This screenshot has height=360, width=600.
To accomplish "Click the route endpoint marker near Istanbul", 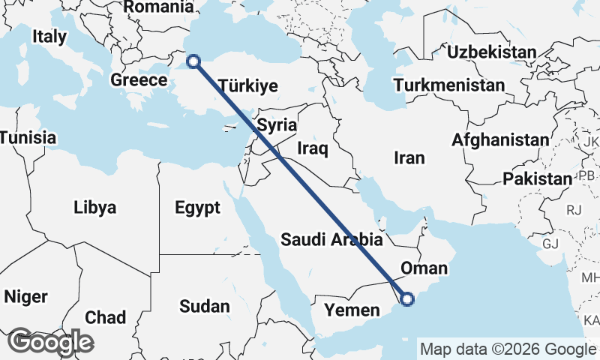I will (x=193, y=61).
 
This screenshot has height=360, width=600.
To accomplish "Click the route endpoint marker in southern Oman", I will (x=406, y=299).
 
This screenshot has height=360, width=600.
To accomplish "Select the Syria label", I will (x=277, y=125).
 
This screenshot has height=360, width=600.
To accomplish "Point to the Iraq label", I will (x=313, y=148).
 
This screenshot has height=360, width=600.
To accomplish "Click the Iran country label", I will (x=409, y=158).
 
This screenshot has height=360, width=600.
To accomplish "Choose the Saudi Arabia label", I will (x=332, y=240).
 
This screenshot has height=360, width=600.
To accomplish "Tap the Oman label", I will (x=424, y=268).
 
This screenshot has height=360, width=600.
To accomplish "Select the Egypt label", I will (x=197, y=207).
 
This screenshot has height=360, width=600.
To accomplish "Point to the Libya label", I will (x=95, y=207).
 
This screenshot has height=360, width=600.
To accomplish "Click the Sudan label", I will (x=204, y=306).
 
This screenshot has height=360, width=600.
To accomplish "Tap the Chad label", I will (x=105, y=317).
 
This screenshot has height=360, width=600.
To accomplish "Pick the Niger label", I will (x=25, y=296).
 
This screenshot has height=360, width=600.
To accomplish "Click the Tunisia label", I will (x=28, y=138).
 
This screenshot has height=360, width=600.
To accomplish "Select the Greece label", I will (x=139, y=80).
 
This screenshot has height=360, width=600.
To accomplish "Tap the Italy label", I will (x=49, y=36).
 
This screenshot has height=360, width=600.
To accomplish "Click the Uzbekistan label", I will (x=491, y=52).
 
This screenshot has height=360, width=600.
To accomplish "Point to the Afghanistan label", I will (x=500, y=140).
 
